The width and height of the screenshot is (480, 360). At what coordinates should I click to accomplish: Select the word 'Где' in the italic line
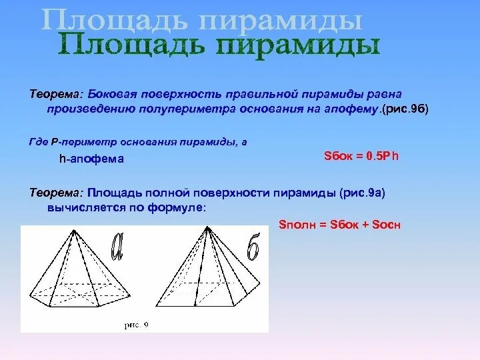pos(38,142)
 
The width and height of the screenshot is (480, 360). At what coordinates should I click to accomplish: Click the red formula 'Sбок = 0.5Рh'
pos(360,155)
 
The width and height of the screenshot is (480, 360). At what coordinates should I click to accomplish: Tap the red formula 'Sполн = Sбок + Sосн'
pos(339,225)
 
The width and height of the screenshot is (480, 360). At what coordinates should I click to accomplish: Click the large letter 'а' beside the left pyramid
pos(117,247)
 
